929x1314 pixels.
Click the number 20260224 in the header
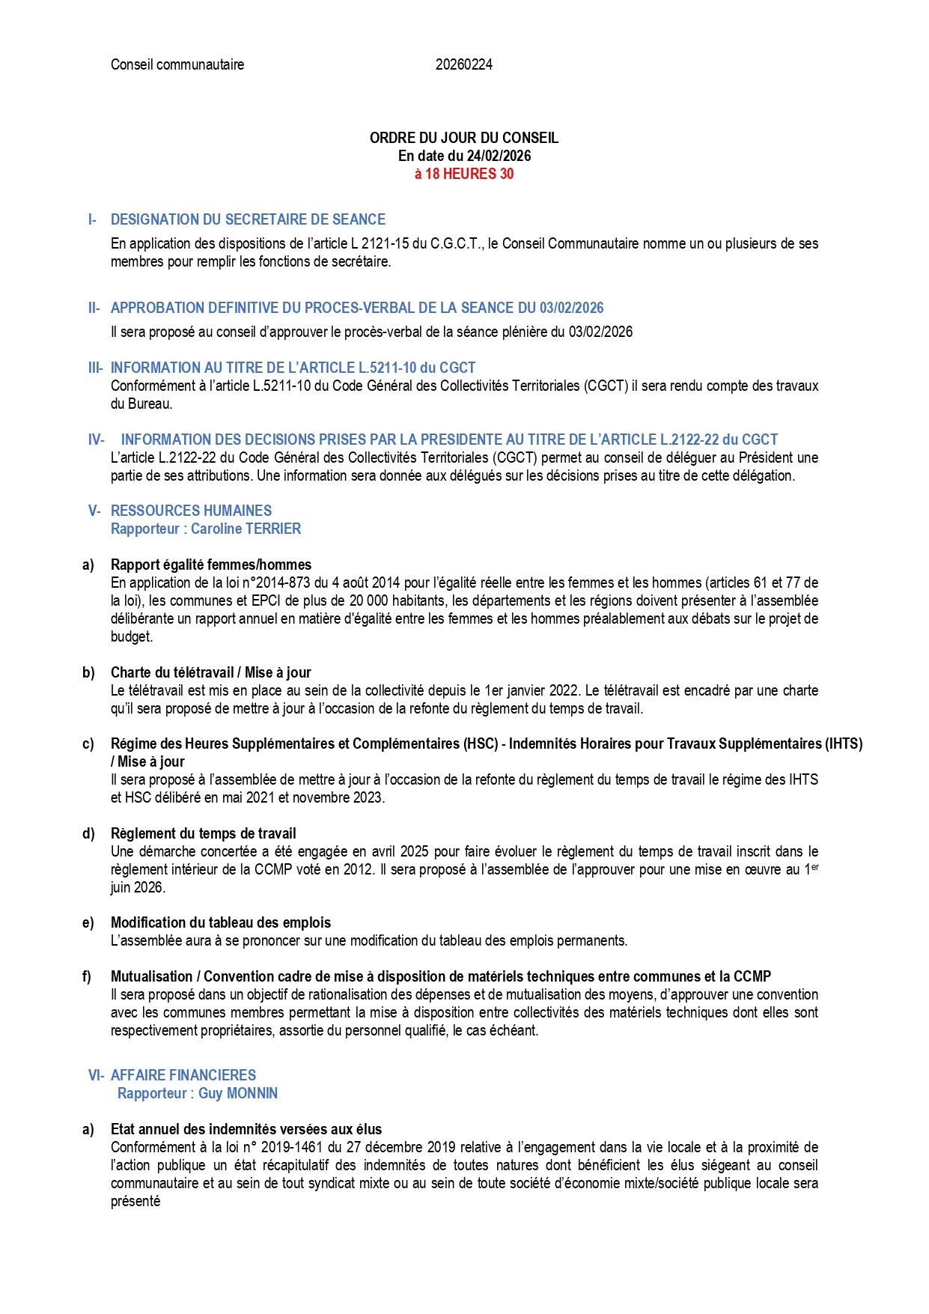463,64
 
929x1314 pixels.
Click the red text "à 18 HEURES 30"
464,174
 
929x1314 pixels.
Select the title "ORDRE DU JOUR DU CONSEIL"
464,138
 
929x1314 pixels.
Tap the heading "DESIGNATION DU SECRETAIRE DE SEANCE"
248,219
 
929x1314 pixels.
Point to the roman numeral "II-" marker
94,308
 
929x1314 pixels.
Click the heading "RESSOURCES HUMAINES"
191,511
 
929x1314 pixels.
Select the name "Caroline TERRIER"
246,529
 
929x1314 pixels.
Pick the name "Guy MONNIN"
237,1093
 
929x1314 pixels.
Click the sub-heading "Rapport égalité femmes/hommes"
211,565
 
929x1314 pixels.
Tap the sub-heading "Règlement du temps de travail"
204,833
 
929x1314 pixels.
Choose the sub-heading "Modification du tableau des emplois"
221,922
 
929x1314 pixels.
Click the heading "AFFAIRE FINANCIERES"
183,1075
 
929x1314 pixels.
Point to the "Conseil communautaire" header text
177,64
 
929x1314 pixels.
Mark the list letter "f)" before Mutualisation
87,976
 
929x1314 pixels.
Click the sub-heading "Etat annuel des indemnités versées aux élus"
246,1129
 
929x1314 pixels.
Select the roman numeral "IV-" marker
96,439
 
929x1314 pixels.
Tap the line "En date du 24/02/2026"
464,156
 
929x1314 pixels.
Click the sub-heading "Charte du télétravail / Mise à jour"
211,672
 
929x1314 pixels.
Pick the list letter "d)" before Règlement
88,833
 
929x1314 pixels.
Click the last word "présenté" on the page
135,1201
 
